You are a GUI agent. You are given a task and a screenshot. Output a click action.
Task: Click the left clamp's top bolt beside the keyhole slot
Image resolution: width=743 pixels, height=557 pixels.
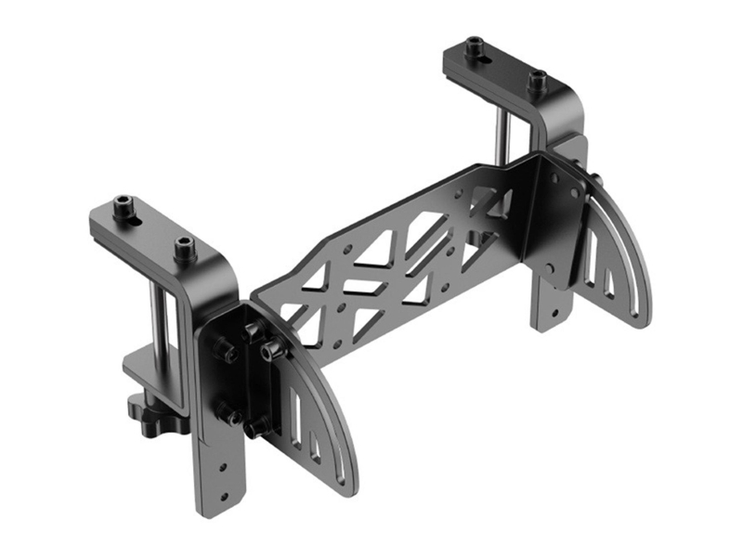tap(124, 203)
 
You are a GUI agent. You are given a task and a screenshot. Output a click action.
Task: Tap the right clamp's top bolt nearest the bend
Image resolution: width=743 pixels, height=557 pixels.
tap(536, 80)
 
